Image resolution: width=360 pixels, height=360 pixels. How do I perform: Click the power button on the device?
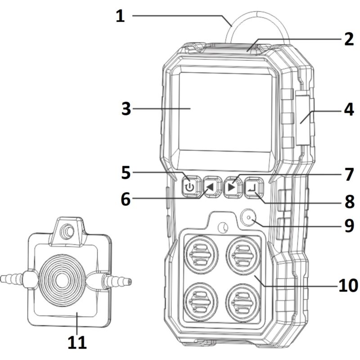pyautogui.click(x=189, y=187)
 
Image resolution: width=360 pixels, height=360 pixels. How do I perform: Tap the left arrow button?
pyautogui.click(x=211, y=187)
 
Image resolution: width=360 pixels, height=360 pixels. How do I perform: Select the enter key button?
pyautogui.click(x=253, y=187)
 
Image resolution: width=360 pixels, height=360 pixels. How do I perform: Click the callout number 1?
pyautogui.click(x=120, y=17)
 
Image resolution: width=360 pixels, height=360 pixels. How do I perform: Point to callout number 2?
pyautogui.click(x=349, y=39)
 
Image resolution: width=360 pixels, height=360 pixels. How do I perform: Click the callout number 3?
pyautogui.click(x=126, y=108)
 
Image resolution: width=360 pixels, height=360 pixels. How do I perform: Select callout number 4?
pyautogui.click(x=349, y=109)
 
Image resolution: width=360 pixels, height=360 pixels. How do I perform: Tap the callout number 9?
pyautogui.click(x=350, y=225)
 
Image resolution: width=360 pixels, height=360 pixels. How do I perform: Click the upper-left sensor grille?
pyautogui.click(x=201, y=255)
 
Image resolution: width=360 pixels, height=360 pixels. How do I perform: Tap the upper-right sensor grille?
pyautogui.click(x=243, y=255)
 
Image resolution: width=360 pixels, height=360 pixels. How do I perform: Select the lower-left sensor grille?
pyautogui.click(x=201, y=301)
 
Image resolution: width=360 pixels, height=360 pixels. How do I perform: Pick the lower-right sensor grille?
pyautogui.click(x=243, y=301)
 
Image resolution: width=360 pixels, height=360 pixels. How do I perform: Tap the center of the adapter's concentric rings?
pyautogui.click(x=62, y=280)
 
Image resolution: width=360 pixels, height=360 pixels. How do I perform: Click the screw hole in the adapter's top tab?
pyautogui.click(x=67, y=231)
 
